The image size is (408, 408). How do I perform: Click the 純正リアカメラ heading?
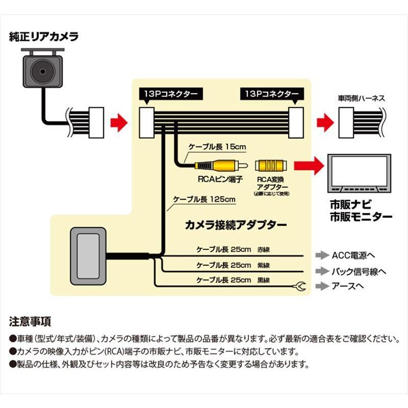pos(43,37)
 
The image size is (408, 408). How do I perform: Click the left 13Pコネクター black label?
pos(170,94)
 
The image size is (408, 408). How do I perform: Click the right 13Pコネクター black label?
pos(271,94)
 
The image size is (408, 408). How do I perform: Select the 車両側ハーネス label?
pos(360,97)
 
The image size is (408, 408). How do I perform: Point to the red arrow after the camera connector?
pos(118,121)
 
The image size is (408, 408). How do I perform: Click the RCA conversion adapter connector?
pos(271,165)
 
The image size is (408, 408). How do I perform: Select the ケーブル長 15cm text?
pos(217,147)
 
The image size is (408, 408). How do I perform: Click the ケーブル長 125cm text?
pos(204,199)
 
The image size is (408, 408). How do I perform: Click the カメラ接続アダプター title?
pos(236,224)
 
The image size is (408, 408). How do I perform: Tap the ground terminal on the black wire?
pos(299,288)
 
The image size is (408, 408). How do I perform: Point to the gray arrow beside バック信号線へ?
pos(321,271)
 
